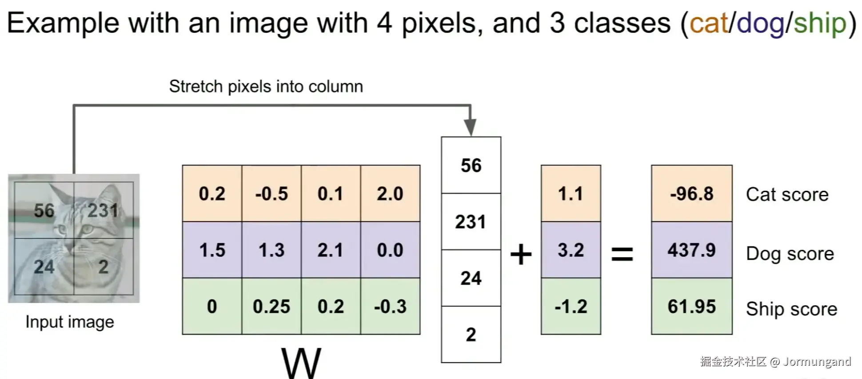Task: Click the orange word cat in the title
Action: point(709,23)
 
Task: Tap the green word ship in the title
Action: point(820,23)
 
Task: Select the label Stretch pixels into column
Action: point(266,86)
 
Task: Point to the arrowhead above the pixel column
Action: point(470,127)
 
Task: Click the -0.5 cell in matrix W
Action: point(271,194)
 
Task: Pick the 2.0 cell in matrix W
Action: point(390,194)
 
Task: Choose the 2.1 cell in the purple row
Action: point(331,250)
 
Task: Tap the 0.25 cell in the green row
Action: point(271,306)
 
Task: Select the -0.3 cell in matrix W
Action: point(390,306)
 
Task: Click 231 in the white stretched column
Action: point(471,222)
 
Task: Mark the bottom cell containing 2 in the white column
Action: point(471,335)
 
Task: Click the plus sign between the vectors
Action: point(521,254)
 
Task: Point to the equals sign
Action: point(622,254)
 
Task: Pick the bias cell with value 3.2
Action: point(571,250)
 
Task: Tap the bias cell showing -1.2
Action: point(571,306)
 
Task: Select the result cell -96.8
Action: point(691,194)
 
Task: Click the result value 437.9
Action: point(691,250)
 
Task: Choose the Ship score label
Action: point(791,309)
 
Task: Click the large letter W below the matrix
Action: point(301,363)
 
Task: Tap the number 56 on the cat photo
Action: point(44,210)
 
